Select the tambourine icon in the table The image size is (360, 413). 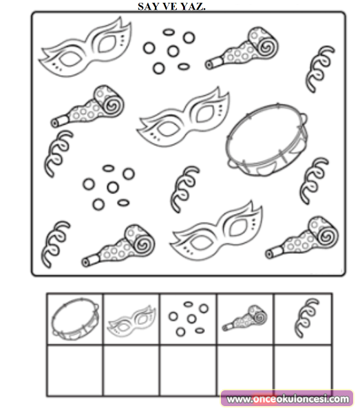tap(75, 319)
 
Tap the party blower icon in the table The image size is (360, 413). tap(244, 319)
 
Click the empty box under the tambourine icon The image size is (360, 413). tap(75, 370)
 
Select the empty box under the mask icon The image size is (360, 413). tap(131, 370)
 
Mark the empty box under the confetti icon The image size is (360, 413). tap(188, 370)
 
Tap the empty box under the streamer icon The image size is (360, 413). tap(303, 368)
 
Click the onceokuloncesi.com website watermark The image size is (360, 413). tap(287, 399)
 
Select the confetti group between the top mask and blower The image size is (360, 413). tap(169, 51)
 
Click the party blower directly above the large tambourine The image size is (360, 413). tap(242, 48)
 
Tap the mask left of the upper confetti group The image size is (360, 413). tap(85, 47)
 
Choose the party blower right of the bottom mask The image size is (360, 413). tap(301, 237)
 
